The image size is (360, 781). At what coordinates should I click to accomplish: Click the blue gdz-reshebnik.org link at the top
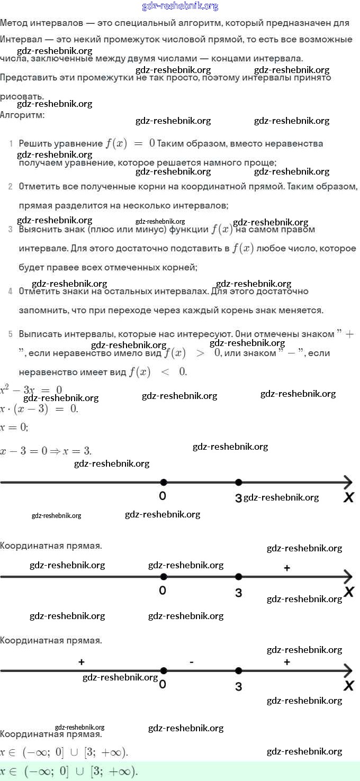(180, 6)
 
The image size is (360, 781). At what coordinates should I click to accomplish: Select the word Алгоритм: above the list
(22, 114)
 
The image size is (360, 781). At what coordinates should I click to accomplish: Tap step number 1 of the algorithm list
(11, 144)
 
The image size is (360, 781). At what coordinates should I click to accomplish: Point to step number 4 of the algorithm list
(11, 291)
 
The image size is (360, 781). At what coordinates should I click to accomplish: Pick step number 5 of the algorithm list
(11, 334)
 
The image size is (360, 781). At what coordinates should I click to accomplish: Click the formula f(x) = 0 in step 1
(130, 143)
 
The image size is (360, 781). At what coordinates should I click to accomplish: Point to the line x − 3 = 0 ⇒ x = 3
(46, 451)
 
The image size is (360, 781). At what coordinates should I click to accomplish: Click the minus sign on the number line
(191, 662)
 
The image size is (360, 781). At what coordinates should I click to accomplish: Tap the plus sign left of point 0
(81, 662)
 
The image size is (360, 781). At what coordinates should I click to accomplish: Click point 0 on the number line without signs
(164, 482)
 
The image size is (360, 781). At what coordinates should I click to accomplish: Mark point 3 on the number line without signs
(239, 482)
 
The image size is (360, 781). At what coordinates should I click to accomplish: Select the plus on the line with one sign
(286, 568)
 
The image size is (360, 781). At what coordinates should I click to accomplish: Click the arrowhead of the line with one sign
(348, 577)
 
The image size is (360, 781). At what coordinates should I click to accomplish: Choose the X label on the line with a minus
(348, 686)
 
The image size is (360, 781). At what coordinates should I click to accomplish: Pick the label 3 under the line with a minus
(239, 687)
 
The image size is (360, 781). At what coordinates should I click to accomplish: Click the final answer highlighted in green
(69, 771)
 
